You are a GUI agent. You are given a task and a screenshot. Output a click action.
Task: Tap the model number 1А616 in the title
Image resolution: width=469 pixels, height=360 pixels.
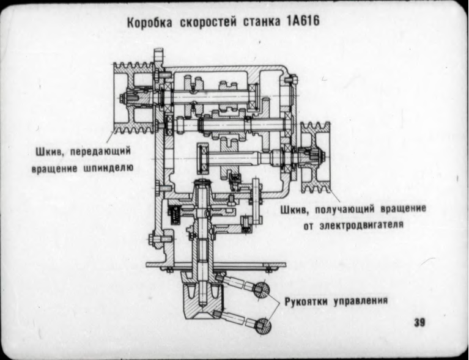(302, 21)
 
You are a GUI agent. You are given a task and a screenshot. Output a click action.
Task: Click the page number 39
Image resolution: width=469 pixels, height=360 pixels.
(419, 322)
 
